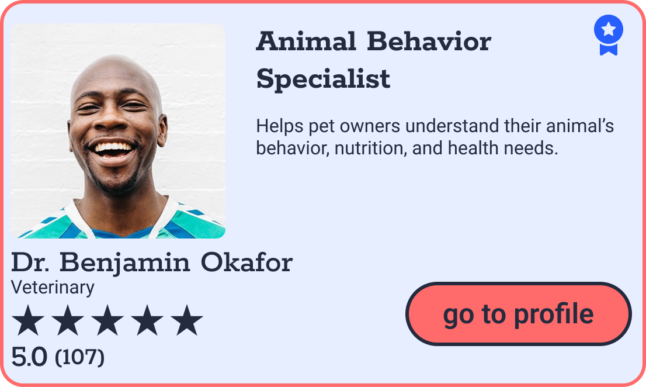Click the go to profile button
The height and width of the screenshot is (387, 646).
tap(518, 314)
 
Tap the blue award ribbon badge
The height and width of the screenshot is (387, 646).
tap(608, 34)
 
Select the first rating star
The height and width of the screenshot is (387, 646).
tap(28, 321)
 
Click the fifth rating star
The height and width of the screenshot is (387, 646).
tap(187, 321)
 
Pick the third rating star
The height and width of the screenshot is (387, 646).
tap(107, 321)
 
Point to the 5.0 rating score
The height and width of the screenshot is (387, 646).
tap(29, 357)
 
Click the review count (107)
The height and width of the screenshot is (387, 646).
tap(79, 357)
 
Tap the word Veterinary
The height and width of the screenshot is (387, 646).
tap(53, 287)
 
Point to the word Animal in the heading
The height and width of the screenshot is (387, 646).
tap(306, 42)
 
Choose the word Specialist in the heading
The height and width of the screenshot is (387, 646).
tap(323, 78)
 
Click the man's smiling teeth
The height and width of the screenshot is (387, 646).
tap(114, 148)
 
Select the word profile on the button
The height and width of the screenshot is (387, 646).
tap(553, 314)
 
